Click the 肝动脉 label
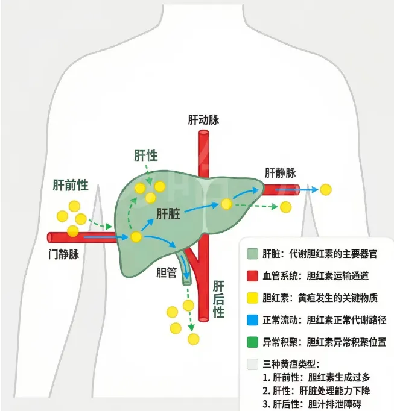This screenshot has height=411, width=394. tap(203, 119)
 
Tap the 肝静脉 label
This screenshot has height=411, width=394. tap(281, 172)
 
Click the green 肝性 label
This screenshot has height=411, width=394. tap(145, 155)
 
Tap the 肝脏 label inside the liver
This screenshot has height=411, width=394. tap(170, 213)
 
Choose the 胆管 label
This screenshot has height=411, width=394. tap(166, 272)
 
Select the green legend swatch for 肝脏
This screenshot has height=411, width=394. tap(253, 254)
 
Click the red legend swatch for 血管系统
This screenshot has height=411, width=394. tap(253, 276)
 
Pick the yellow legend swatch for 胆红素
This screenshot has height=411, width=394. tap(253, 298)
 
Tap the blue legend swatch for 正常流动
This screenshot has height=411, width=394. tap(253, 320)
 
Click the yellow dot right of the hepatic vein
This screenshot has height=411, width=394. tap(326, 189)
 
